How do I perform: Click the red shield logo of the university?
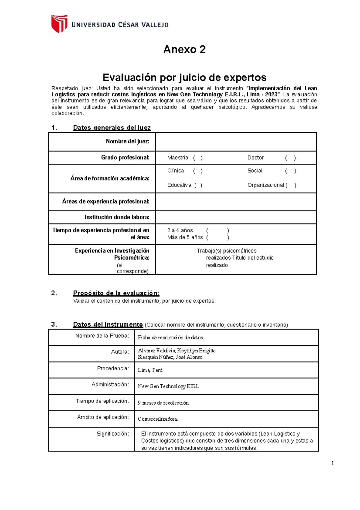(59, 24)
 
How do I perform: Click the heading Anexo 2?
(184, 49)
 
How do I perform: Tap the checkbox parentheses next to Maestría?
(198, 158)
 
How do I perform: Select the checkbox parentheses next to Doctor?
(290, 158)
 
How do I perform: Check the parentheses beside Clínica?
(198, 171)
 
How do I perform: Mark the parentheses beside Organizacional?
(291, 185)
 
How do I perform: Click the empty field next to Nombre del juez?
(236, 142)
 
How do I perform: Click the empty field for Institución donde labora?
(236, 217)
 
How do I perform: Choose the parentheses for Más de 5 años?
(217, 237)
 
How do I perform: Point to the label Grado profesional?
(125, 158)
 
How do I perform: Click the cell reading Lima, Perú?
(150, 370)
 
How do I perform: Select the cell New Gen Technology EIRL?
(168, 386)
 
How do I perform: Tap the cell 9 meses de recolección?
(163, 403)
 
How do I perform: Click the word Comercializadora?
(158, 419)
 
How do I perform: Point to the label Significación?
(113, 434)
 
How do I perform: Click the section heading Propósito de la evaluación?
(116, 293)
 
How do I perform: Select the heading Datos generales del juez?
(112, 128)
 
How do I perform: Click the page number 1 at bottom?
(332, 464)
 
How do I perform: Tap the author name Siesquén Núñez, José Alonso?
(170, 357)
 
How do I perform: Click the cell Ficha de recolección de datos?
(171, 338)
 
